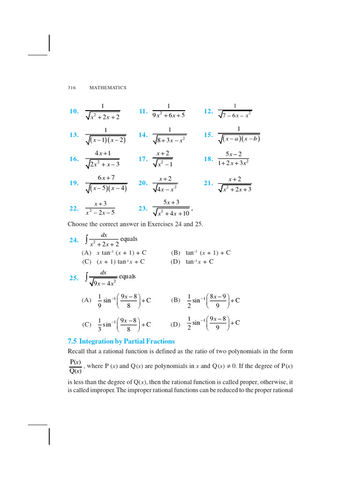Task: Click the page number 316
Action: pos(72,88)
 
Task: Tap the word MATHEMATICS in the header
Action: pos(108,88)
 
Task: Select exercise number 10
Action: pos(74,112)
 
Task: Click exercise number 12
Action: pos(208,112)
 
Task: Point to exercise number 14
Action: pos(143,135)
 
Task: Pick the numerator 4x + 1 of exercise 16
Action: pos(103,153)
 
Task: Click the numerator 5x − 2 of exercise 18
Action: pos(233,154)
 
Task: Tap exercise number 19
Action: pos(74,183)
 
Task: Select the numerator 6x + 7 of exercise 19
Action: pos(106,178)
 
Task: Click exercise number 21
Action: pos(208,183)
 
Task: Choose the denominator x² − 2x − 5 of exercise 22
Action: pos(100,212)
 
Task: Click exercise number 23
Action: pos(143,209)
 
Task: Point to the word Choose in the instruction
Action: pos(77,224)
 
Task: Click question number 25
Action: pos(74,278)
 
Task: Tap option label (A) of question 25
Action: pos(87,300)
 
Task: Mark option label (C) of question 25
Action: pos(87,324)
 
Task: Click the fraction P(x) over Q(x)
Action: pos(75,367)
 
